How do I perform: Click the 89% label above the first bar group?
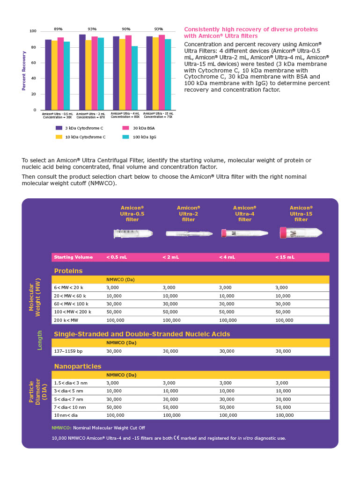[58, 29]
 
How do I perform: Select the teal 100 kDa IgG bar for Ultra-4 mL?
[135, 78]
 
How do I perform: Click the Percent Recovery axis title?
[24, 71]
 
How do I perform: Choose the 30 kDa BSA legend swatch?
[125, 128]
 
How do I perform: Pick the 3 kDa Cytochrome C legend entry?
[80, 128]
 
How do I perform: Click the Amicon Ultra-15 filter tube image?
[301, 232]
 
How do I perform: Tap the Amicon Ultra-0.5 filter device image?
[133, 233]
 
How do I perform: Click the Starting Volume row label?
[73, 257]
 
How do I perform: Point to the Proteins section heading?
[68, 271]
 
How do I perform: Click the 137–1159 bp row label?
[68, 351]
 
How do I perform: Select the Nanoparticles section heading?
[78, 366]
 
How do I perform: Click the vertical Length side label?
[40, 340]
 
